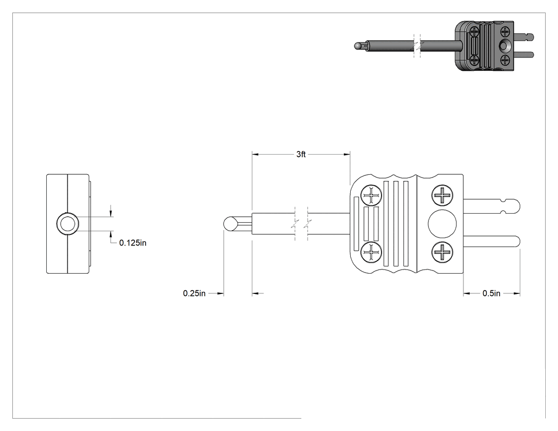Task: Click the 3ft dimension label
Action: pyautogui.click(x=301, y=154)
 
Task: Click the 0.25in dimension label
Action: pyautogui.click(x=195, y=293)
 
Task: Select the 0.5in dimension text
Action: pyautogui.click(x=492, y=293)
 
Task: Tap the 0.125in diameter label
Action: pyautogui.click(x=133, y=243)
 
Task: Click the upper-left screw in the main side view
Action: pyautogui.click(x=371, y=195)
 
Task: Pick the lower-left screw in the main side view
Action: pyautogui.click(x=371, y=252)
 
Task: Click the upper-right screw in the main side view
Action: pyautogui.click(x=442, y=195)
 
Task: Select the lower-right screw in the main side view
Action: pyautogui.click(x=442, y=252)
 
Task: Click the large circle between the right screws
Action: pyautogui.click(x=442, y=224)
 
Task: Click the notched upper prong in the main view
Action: pyautogui.click(x=492, y=206)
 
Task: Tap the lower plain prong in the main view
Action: pyautogui.click(x=492, y=242)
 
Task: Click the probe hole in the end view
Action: pyautogui.click(x=67, y=224)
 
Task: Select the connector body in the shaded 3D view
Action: pyautogui.click(x=484, y=46)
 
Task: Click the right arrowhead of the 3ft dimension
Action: pyautogui.click(x=347, y=154)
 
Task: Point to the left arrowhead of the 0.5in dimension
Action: pyautogui.click(x=467, y=293)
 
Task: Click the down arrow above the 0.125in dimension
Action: pyautogui.click(x=111, y=213)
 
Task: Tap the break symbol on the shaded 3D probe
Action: pyautogui.click(x=417, y=46)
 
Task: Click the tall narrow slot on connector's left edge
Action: pyautogui.click(x=355, y=224)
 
